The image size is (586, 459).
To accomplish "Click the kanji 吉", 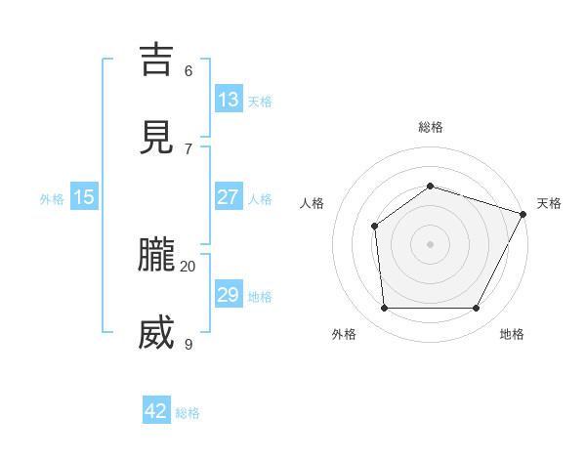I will coord(158,60).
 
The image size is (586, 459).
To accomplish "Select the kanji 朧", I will coord(158,255).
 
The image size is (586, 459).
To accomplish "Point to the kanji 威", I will coord(158,333).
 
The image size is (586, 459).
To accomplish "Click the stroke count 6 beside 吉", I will coord(188,70).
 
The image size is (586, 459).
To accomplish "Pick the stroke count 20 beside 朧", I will coord(188,266).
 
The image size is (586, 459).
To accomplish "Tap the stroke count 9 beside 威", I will coord(188,344).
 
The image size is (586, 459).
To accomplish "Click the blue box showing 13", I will coord(229,100).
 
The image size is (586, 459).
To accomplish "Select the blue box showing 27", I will coord(229,197).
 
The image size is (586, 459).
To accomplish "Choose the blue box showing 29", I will coord(229,295).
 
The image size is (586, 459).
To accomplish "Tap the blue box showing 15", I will coord(84,197).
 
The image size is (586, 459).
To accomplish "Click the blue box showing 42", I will coord(156,411).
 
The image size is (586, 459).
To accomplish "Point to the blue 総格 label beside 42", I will coord(188,413).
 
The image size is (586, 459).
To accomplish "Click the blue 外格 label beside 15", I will coord(52,199).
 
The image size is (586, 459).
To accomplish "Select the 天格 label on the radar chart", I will coord(549,203).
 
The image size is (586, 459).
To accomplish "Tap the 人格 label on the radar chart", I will coord(313,203).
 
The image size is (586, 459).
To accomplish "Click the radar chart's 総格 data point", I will coord(430,186).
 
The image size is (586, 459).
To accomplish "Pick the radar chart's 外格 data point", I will coord(384,309).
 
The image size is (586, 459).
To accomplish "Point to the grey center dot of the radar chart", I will coord(430,244).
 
